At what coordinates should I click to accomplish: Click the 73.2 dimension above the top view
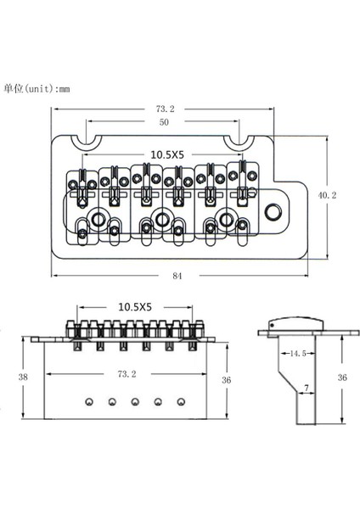(165, 109)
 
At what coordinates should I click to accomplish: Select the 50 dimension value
(164, 123)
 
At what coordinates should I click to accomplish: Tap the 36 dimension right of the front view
(226, 379)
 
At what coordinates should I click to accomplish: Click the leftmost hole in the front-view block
(87, 398)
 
